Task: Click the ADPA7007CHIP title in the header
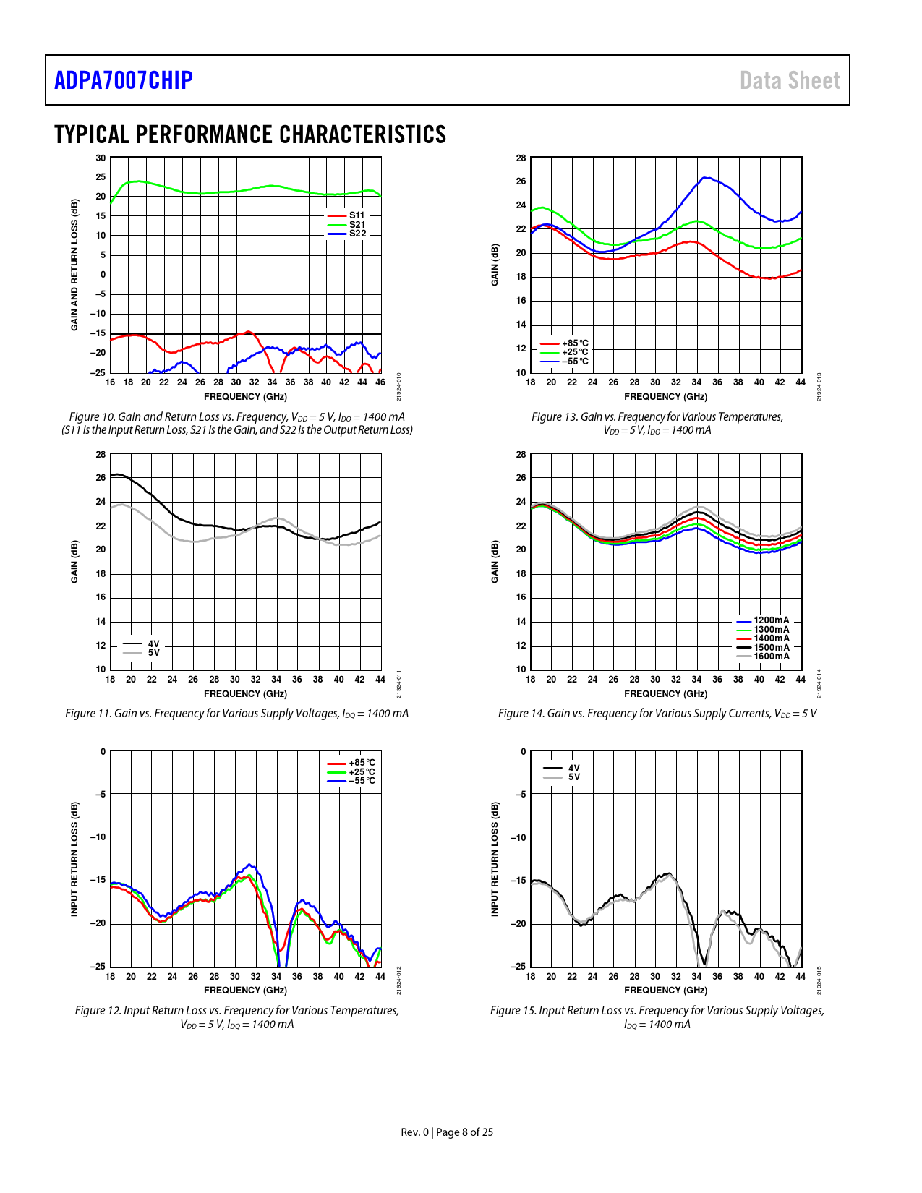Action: tap(124, 80)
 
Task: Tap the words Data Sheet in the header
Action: tap(790, 80)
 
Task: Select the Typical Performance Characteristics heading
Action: tap(250, 134)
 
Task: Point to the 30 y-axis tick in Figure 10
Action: tap(101, 158)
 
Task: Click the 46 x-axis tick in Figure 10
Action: tap(380, 382)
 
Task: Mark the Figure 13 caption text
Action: tap(657, 424)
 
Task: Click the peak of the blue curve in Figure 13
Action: tap(706, 178)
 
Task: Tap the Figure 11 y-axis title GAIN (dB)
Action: tap(74, 562)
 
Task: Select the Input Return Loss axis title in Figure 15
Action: tap(495, 859)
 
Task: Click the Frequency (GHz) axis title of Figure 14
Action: tap(665, 694)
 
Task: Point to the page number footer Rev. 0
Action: tap(447, 1132)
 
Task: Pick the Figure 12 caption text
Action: tap(236, 1017)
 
